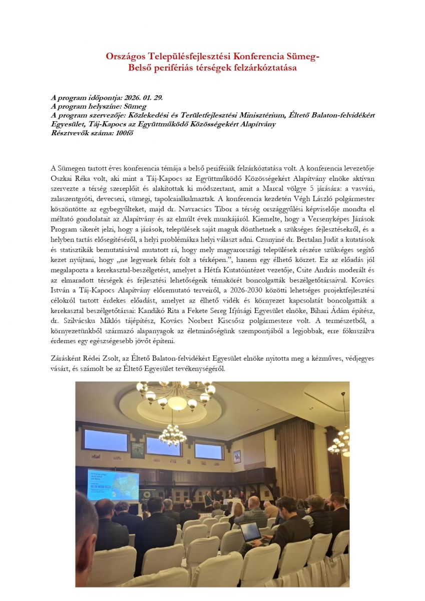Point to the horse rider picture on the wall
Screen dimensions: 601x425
237,456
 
